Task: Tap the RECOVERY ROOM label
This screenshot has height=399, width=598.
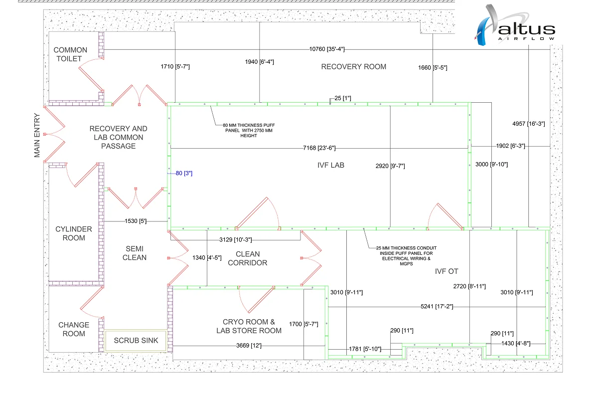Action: point(353,67)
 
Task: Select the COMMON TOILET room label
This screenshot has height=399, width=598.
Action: point(70,54)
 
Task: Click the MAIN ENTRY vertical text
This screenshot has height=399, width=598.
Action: point(37,135)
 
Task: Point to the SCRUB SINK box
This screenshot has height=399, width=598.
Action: point(136,341)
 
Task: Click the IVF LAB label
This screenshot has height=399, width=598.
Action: point(331,165)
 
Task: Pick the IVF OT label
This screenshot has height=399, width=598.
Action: point(446,271)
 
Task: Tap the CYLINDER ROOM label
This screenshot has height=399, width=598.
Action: point(74,233)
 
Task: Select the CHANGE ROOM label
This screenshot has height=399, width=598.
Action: point(74,329)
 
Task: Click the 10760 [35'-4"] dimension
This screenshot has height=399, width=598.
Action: point(327,49)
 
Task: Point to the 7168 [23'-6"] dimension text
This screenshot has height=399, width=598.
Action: point(319,148)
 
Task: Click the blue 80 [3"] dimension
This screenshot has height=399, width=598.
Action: point(184,174)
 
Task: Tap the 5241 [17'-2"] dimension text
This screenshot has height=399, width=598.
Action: point(436,306)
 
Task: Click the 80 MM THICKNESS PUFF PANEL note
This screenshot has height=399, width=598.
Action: point(248,129)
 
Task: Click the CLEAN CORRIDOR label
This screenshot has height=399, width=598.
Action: point(248,258)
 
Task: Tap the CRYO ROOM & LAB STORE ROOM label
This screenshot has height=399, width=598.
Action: point(249,326)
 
